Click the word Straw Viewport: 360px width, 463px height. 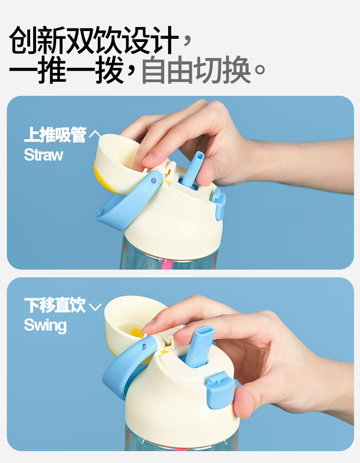click(43, 155)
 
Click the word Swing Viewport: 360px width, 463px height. click(45, 325)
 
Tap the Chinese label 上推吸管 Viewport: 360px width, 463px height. click(55, 135)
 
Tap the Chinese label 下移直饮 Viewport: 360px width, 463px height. click(55, 305)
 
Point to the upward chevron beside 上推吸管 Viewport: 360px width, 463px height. click(95, 134)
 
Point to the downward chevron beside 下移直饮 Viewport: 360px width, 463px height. click(95, 307)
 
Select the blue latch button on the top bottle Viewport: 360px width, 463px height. click(219, 204)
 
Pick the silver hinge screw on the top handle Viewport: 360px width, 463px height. click(153, 181)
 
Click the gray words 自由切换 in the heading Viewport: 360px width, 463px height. click(196, 70)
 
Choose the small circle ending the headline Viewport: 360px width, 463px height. click(260, 70)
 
